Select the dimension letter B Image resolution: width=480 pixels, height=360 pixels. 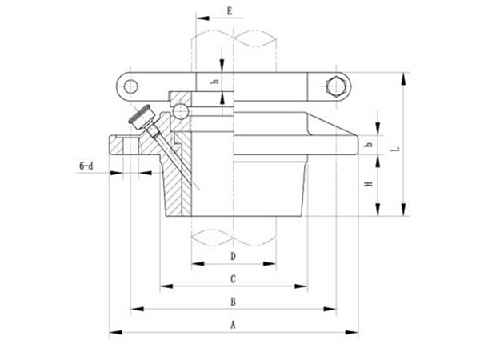pyautogui.click(x=233, y=302)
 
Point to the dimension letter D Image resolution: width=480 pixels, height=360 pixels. pyautogui.click(x=233, y=256)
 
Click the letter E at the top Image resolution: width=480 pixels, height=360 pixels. pyautogui.click(x=229, y=10)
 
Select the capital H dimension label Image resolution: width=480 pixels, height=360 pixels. pyautogui.click(x=369, y=185)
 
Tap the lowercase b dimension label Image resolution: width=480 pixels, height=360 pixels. pyautogui.click(x=369, y=145)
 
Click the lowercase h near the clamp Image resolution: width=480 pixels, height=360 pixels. pyautogui.click(x=214, y=82)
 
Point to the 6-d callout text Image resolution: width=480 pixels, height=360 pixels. pyautogui.click(x=86, y=166)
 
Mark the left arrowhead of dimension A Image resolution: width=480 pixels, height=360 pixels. pyautogui.click(x=113, y=330)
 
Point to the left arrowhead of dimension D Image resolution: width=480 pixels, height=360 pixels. pyautogui.click(x=194, y=262)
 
